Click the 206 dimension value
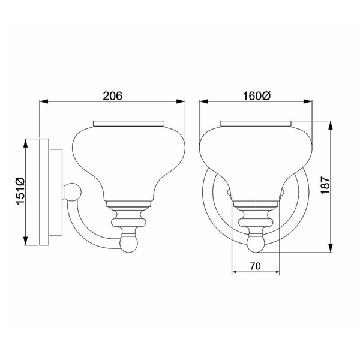coord(112,95)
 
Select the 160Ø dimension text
coord(256,95)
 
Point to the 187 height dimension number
coord(325,187)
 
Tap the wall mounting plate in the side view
coord(44,192)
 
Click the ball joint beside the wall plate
coord(73,192)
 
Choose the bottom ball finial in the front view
coord(256,244)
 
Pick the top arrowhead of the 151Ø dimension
coord(25,139)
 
